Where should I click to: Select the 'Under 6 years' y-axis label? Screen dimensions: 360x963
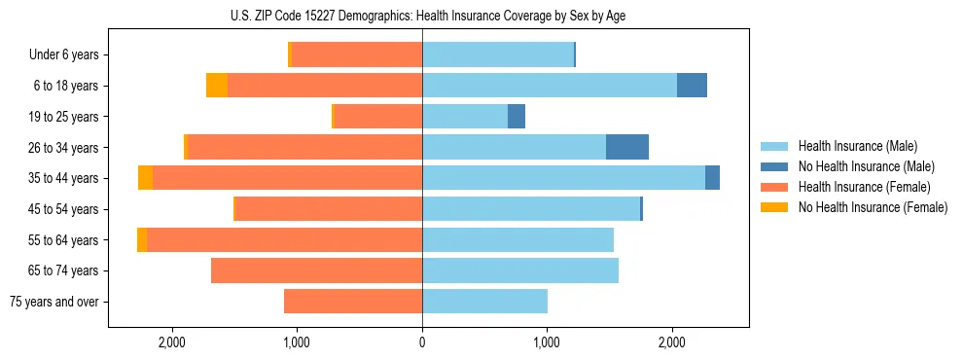63,55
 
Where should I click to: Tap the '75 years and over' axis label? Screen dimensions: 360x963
53,302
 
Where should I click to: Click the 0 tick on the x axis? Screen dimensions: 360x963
422,342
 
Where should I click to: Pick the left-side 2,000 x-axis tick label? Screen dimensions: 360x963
171,342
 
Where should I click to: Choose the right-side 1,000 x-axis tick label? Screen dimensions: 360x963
547,342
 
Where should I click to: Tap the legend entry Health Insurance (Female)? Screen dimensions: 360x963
864,187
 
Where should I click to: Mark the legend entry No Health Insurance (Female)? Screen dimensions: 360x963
872,207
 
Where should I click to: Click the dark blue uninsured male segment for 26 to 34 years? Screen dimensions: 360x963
627,147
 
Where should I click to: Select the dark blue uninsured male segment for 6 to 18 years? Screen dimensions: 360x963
692,86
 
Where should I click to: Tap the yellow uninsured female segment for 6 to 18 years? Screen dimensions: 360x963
217,86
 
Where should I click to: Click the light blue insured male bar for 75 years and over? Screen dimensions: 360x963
484,302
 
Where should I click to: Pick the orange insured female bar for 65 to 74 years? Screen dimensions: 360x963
316,270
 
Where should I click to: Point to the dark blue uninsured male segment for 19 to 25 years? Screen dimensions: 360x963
517,117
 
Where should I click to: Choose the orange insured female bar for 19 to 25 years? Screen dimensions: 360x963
377,117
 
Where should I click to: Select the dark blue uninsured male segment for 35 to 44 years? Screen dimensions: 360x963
712,178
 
